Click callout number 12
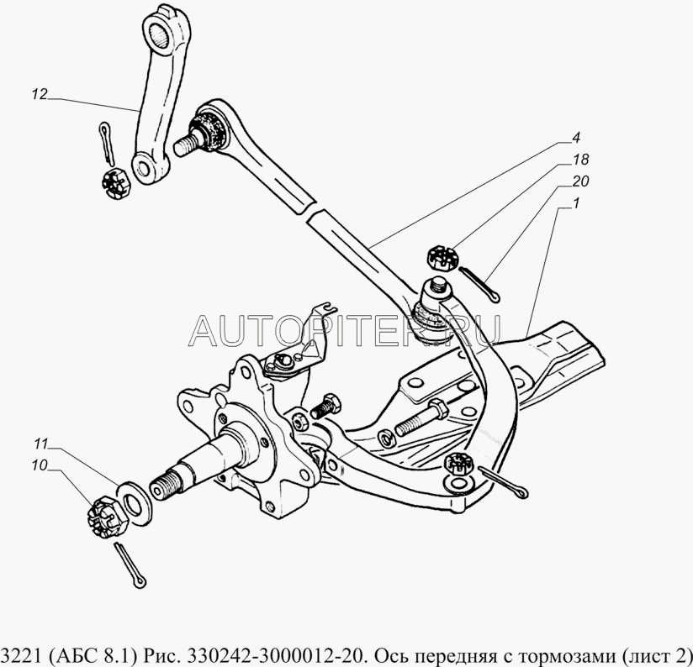(x=40, y=94)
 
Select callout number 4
(x=576, y=137)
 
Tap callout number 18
(x=581, y=160)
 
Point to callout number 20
(x=581, y=181)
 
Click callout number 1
(x=576, y=203)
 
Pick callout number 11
(x=40, y=444)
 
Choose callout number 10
(x=40, y=465)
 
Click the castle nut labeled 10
(x=107, y=517)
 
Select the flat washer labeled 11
(x=134, y=502)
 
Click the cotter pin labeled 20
(x=479, y=284)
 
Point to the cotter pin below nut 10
(x=130, y=565)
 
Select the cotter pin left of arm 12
(x=106, y=144)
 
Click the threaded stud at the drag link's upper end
(x=187, y=142)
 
